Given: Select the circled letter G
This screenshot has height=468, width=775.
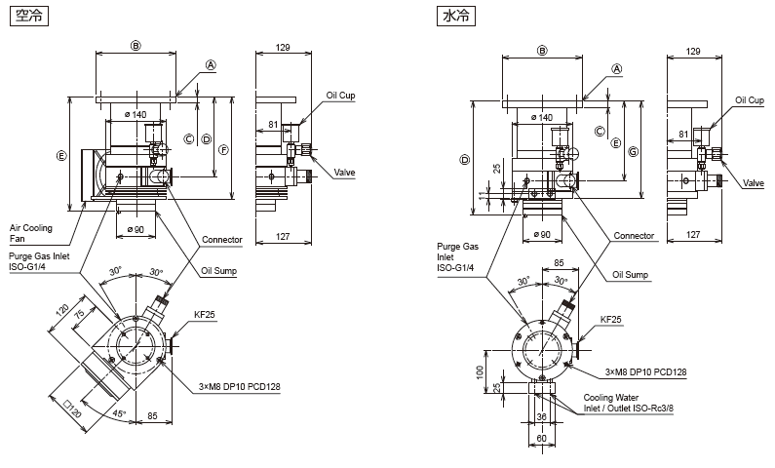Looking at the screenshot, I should pyautogui.click(x=633, y=152).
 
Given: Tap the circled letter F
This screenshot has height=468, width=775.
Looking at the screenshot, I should pyautogui.click(x=223, y=150).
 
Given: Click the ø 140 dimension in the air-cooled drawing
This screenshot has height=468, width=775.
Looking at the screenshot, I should pyautogui.click(x=136, y=115).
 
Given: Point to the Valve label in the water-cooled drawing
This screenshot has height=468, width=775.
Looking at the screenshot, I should pyautogui.click(x=754, y=183).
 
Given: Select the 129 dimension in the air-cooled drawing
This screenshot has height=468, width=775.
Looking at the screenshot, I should pyautogui.click(x=284, y=48).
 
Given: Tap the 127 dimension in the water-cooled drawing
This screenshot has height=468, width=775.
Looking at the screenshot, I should pyautogui.click(x=693, y=234).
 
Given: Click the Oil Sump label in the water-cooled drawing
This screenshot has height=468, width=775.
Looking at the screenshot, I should pyautogui.click(x=631, y=275).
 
